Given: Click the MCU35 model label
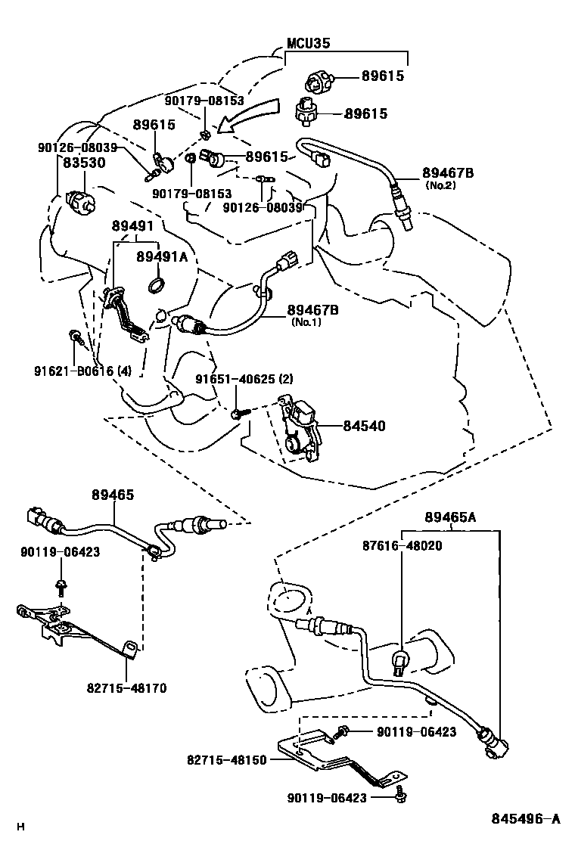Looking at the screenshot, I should [x=308, y=44].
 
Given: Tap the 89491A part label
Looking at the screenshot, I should [x=161, y=257].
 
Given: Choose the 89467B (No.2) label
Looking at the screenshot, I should [x=449, y=174].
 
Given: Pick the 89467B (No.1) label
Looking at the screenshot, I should [x=312, y=311].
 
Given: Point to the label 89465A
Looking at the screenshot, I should [x=450, y=517].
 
